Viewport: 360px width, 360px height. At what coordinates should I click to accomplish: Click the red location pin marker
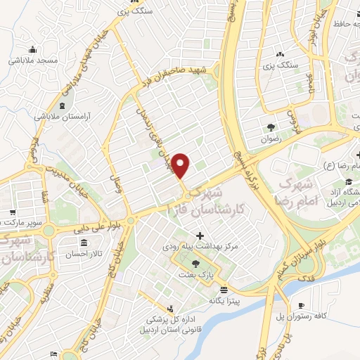tap(181, 165)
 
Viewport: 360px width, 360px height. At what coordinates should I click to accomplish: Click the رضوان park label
tap(271, 139)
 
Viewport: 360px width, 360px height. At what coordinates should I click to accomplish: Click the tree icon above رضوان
tap(271, 127)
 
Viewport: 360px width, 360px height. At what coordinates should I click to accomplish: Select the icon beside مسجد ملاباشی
tap(32, 50)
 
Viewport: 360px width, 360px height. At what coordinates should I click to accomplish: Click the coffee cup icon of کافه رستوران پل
tap(302, 305)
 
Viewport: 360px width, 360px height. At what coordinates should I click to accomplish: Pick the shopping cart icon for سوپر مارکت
tap(12, 212)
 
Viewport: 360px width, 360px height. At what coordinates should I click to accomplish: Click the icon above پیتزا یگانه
tap(224, 290)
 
